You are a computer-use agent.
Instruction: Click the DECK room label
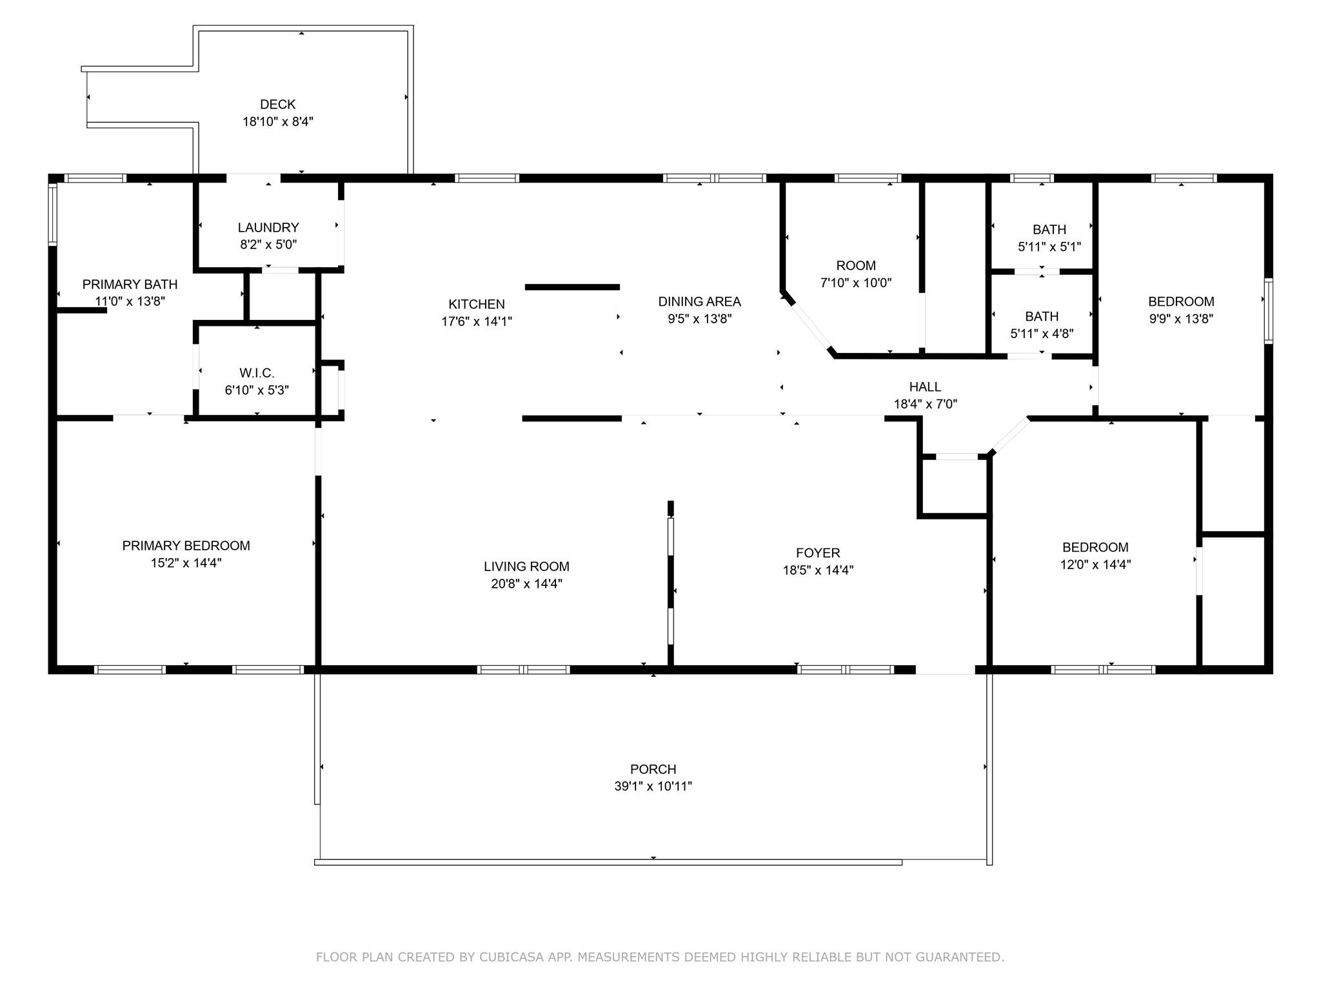[277, 105]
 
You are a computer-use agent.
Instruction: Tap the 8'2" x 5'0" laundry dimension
[268, 245]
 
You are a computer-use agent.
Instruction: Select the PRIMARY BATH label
[130, 285]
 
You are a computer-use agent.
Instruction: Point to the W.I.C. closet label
[257, 373]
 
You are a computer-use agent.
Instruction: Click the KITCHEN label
[477, 305]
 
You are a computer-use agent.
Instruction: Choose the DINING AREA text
[699, 302]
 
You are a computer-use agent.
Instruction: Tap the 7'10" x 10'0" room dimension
[855, 283]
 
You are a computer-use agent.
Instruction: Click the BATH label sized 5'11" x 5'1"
[1049, 230]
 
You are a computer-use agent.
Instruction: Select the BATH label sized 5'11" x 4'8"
[1042, 317]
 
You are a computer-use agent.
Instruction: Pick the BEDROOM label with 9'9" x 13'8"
[1180, 302]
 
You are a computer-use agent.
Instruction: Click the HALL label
[925, 387]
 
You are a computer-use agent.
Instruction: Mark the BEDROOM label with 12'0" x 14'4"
[1095, 548]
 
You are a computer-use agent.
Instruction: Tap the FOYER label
[818, 553]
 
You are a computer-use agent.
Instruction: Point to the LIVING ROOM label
[526, 566]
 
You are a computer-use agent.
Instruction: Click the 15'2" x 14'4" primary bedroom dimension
[186, 563]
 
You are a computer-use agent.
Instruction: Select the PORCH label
[653, 769]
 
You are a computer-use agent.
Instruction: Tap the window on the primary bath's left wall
[53, 215]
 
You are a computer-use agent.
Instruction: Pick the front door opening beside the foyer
[945, 670]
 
